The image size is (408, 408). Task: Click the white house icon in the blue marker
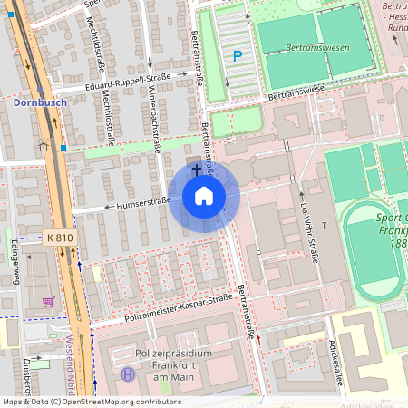click(x=204, y=196)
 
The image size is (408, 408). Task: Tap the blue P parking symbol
click(x=238, y=56)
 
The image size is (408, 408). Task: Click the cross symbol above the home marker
click(x=196, y=170)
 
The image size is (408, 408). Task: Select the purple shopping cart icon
click(x=48, y=301)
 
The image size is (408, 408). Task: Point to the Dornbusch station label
click(x=41, y=103)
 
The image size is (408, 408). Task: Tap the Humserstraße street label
click(x=142, y=206)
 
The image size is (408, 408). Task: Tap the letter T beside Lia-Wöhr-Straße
click(x=323, y=224)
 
